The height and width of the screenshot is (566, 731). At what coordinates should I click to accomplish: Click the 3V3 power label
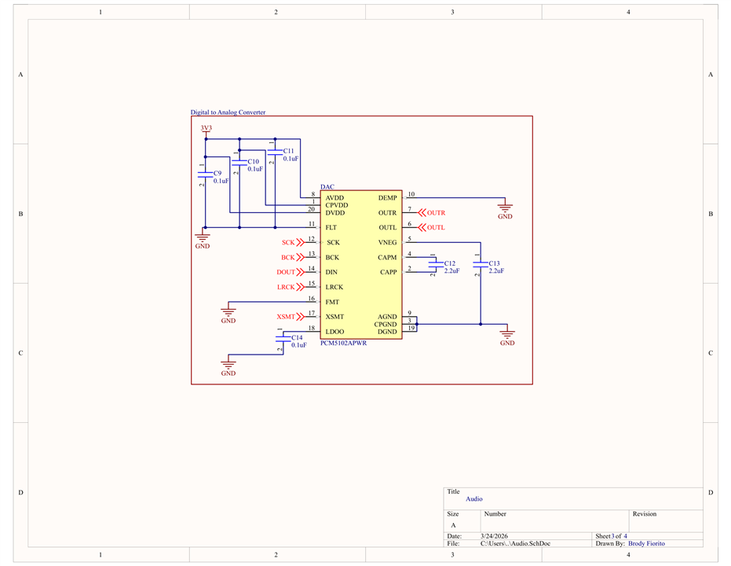pos(206,128)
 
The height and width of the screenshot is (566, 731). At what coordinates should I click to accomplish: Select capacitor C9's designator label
pos(217,173)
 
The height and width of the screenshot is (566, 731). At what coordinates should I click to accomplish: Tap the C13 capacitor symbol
pos(481,264)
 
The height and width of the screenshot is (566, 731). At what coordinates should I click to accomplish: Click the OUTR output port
pos(432,213)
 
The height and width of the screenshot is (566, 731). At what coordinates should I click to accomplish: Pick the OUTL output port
pos(432,228)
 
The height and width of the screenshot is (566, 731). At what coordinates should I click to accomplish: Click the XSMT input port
pos(290,317)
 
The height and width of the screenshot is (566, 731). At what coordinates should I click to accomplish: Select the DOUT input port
pos(290,272)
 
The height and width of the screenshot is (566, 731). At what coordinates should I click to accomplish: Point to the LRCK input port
pos(291,287)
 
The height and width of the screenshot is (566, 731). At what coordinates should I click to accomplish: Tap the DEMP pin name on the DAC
pos(387,198)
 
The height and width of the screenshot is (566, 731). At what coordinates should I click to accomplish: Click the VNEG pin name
pos(387,243)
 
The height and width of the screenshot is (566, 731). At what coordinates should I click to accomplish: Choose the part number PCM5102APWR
pos(344,343)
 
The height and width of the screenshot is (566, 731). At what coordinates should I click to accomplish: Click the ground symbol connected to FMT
pos(228,312)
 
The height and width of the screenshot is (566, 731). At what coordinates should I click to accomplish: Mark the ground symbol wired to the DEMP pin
pos(505,208)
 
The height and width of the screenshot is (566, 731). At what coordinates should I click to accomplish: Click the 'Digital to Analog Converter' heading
pos(228,112)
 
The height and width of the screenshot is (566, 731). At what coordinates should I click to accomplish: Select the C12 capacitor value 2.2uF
pos(451,270)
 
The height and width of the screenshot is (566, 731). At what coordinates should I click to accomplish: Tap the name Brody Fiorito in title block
pos(647,544)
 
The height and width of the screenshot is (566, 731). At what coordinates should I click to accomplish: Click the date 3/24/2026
pos(494,536)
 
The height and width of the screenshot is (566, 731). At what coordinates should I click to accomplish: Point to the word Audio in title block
pos(474,499)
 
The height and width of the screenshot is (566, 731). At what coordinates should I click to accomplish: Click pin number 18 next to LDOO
pos(312,328)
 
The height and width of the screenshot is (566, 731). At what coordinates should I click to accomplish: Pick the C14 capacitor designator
pos(297,337)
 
